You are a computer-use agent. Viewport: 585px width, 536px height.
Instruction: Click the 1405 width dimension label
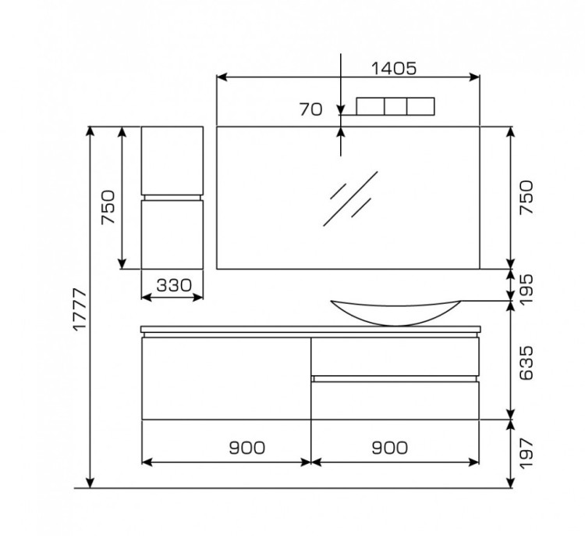click(394, 69)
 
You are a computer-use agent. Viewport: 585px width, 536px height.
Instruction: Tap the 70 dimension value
click(310, 109)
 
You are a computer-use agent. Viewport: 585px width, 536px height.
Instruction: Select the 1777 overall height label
click(80, 309)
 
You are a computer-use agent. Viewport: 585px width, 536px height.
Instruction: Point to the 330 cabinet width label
click(174, 285)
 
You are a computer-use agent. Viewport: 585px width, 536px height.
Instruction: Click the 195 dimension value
click(526, 290)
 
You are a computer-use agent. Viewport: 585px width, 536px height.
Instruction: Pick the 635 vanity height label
click(526, 363)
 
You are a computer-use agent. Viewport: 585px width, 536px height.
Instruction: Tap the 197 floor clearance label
click(526, 454)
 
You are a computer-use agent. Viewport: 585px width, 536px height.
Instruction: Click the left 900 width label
click(247, 448)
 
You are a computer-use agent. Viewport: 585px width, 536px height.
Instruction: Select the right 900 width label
click(389, 448)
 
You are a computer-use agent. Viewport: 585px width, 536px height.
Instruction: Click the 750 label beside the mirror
click(526, 198)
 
